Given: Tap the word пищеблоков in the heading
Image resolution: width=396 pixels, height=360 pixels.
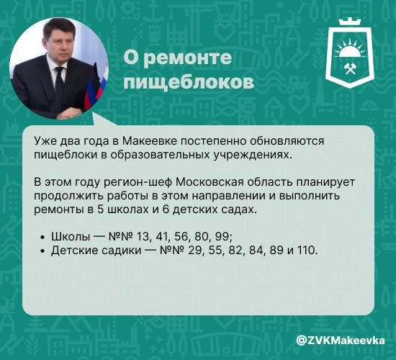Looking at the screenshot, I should pos(189,82).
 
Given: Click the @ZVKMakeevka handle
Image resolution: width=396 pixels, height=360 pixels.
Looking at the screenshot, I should pos(341,339).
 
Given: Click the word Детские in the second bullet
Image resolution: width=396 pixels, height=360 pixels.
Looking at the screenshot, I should pos(74,250).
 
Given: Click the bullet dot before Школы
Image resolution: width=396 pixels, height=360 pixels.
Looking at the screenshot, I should pos(44,237).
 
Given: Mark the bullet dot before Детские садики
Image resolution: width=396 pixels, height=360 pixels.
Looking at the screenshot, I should pos(44,251).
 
